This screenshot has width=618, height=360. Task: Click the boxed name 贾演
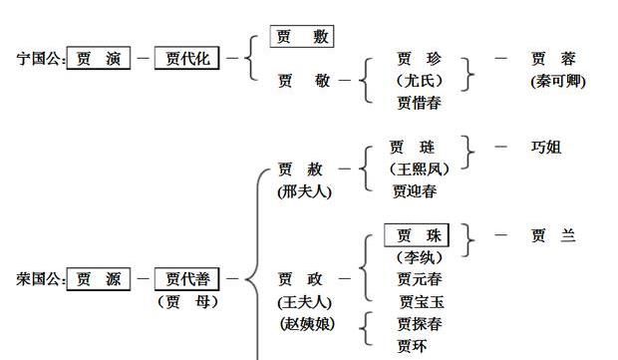coord(99,59)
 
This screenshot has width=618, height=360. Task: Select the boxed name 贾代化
coord(186,59)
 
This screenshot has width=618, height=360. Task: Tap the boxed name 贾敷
coord(301,38)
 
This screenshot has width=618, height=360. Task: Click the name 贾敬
coord(303,81)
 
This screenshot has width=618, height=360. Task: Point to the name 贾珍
coord(418,59)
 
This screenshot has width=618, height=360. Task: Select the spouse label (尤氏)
coord(418,81)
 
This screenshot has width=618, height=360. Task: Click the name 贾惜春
coord(418,102)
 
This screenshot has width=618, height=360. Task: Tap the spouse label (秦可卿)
coord(557,81)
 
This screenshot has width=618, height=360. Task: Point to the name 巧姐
coord(546,148)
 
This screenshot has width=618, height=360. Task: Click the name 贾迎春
coord(414,190)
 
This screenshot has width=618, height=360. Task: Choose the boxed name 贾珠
coord(417,236)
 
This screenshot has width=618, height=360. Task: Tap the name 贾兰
coord(553,236)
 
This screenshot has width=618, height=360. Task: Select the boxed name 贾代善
coord(186,280)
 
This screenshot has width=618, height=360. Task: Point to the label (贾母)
coord(186,301)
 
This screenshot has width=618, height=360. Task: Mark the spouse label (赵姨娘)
coord(305,323)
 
